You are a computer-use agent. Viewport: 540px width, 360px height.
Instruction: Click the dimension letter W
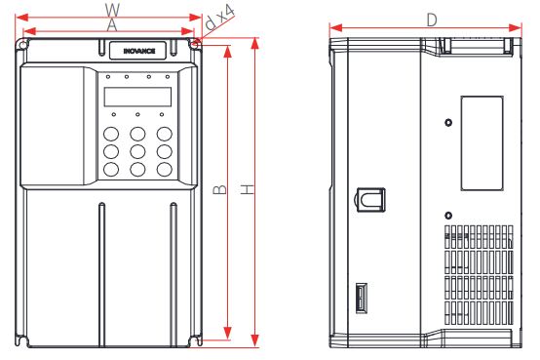pyautogui.click(x=112, y=10)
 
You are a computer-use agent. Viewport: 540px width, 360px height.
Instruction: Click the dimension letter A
pyautogui.click(x=112, y=25)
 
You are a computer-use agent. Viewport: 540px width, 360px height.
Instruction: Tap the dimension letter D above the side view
pyautogui.click(x=432, y=20)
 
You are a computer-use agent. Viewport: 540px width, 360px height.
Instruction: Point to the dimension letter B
pyautogui.click(x=220, y=189)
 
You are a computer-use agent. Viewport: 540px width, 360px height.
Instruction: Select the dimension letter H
pyautogui.click(x=248, y=189)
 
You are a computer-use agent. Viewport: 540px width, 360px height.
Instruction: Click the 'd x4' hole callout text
pyautogui.click(x=219, y=17)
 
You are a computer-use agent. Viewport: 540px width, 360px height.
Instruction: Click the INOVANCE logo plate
pyautogui.click(x=137, y=51)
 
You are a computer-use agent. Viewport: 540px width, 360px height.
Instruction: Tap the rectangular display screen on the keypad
pyautogui.click(x=137, y=97)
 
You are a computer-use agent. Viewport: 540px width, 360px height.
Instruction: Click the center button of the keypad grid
pyautogui.click(x=137, y=151)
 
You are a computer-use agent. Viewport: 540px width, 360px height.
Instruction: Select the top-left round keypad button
pyautogui.click(x=111, y=134)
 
